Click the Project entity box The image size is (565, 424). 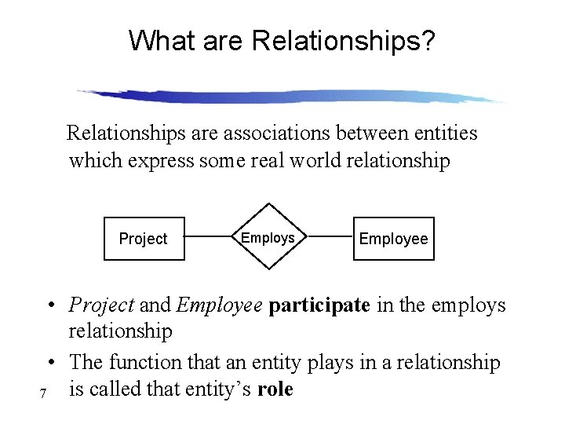click(x=144, y=238)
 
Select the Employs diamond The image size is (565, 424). click(x=268, y=237)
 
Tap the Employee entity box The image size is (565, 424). click(x=393, y=238)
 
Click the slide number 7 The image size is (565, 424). click(x=42, y=393)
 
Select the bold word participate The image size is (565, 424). click(x=319, y=305)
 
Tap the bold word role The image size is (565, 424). click(x=275, y=389)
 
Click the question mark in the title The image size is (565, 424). click(x=428, y=41)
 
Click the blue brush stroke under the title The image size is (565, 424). click(x=290, y=96)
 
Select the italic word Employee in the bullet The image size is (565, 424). click(x=219, y=305)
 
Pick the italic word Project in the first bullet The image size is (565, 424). click(x=101, y=305)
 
